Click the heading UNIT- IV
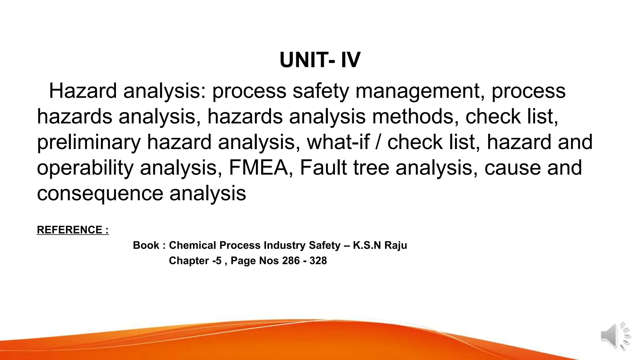(x=320, y=60)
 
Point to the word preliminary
(x=89, y=142)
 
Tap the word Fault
(x=323, y=168)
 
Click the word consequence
(x=100, y=193)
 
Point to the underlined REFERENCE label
(x=72, y=230)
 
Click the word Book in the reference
(x=146, y=245)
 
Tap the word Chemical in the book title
(x=192, y=245)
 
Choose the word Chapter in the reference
(x=189, y=261)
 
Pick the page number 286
(x=291, y=261)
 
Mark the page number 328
(x=318, y=261)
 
